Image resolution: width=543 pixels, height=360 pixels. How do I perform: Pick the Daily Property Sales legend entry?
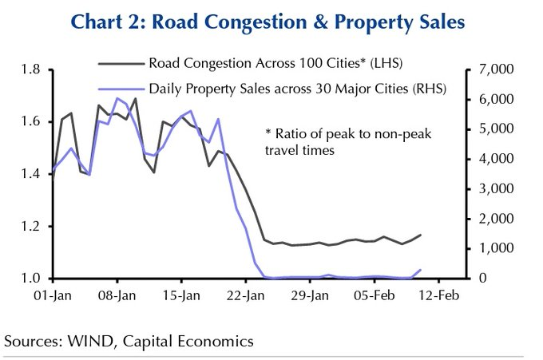pyautogui.click(x=296, y=87)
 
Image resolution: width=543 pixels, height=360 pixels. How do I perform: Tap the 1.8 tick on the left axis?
pyautogui.click(x=32, y=70)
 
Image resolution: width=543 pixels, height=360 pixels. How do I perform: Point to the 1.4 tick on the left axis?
pyautogui.click(x=32, y=174)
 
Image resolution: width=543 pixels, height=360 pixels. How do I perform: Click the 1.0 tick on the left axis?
pyautogui.click(x=32, y=278)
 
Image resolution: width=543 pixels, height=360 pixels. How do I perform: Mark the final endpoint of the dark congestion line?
pyautogui.click(x=421, y=235)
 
